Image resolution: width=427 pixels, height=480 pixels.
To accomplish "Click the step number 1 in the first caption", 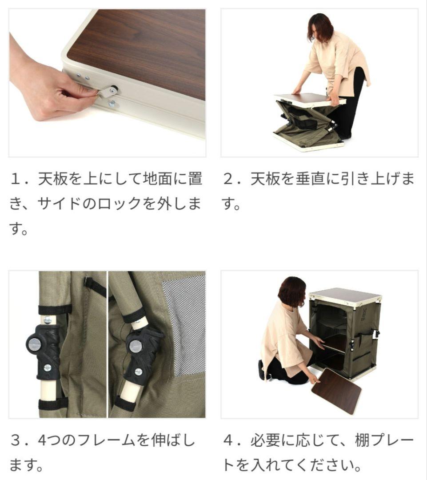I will (16, 180).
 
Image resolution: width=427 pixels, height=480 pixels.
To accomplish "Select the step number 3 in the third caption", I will (16, 441).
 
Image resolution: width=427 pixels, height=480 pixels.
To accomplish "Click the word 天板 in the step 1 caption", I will (53, 180).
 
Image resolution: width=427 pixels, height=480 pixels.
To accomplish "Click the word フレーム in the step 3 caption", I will (105, 441).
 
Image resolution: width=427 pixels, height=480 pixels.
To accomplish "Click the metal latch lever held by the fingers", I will (107, 91).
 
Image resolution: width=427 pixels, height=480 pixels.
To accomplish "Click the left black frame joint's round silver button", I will (34, 342).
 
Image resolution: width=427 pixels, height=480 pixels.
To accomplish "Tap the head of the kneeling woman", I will (292, 291).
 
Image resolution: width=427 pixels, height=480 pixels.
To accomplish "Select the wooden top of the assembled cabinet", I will (345, 295).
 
